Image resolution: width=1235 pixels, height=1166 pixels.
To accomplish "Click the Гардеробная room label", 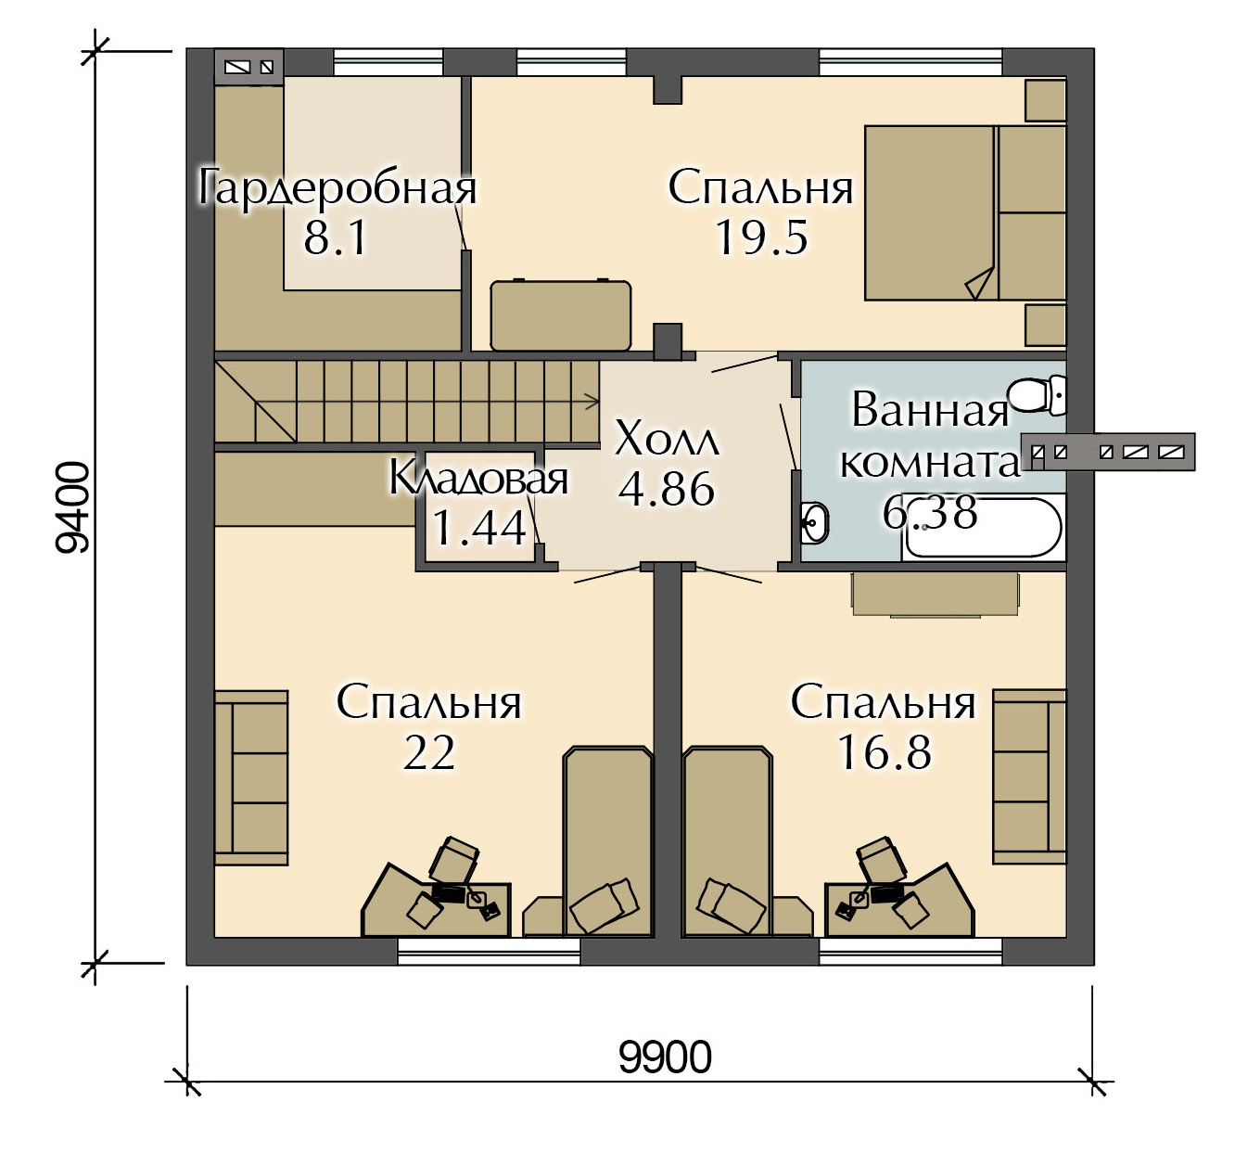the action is [337, 186].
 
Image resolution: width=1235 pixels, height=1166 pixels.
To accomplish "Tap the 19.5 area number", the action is [762, 237].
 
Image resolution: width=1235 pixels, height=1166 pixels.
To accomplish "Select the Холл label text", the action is [667, 440].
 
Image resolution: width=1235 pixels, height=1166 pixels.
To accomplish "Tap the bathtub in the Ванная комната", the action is [983, 529].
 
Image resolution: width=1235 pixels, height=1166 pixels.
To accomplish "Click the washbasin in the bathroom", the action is [815, 521].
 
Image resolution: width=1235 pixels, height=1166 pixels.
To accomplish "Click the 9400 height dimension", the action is [72, 507].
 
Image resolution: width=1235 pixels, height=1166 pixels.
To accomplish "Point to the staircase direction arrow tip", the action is [599, 403].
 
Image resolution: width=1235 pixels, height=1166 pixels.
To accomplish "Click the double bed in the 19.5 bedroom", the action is [965, 212].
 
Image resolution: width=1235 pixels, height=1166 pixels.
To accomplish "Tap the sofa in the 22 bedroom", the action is [251, 777].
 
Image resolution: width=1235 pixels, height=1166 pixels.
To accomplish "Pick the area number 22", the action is [429, 753].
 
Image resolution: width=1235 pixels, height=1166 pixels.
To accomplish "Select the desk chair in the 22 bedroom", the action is [454, 860].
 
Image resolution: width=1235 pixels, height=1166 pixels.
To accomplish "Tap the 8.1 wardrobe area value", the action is [336, 237].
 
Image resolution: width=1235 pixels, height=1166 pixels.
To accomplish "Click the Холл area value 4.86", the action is [667, 489].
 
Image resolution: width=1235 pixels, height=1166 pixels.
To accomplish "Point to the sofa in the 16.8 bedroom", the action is [1030, 776].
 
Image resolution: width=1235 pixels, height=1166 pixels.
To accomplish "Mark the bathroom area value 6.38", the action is [930, 513].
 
